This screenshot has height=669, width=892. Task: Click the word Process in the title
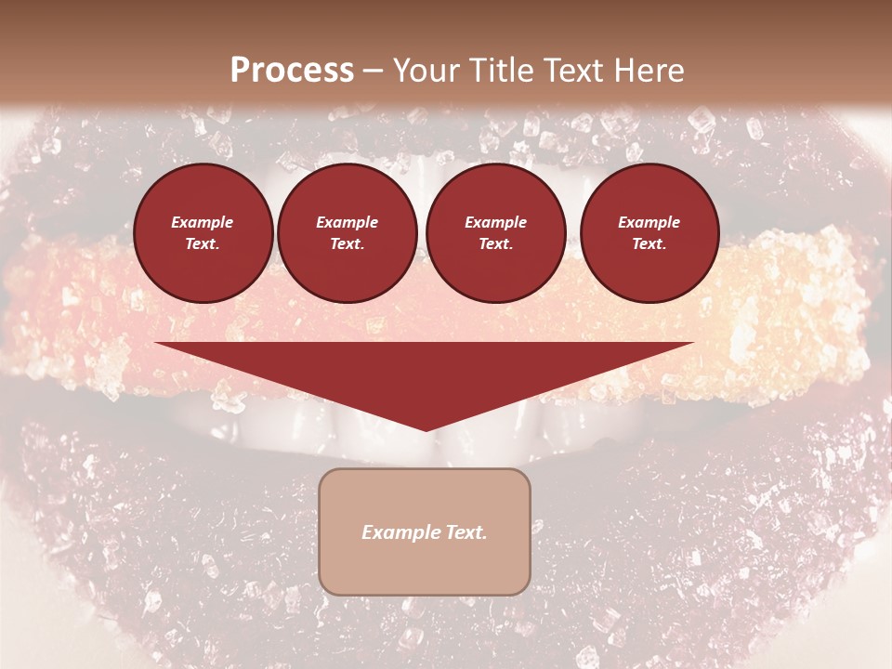(x=292, y=71)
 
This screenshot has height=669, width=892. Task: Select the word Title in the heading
(x=504, y=71)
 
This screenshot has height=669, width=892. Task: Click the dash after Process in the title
(x=374, y=72)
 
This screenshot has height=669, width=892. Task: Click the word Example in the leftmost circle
(x=203, y=222)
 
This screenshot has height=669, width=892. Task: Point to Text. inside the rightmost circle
(x=649, y=243)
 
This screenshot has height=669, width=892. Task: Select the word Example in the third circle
(x=495, y=222)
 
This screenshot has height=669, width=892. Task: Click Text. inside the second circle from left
(x=348, y=243)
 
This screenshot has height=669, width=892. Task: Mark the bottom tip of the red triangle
(x=426, y=429)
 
